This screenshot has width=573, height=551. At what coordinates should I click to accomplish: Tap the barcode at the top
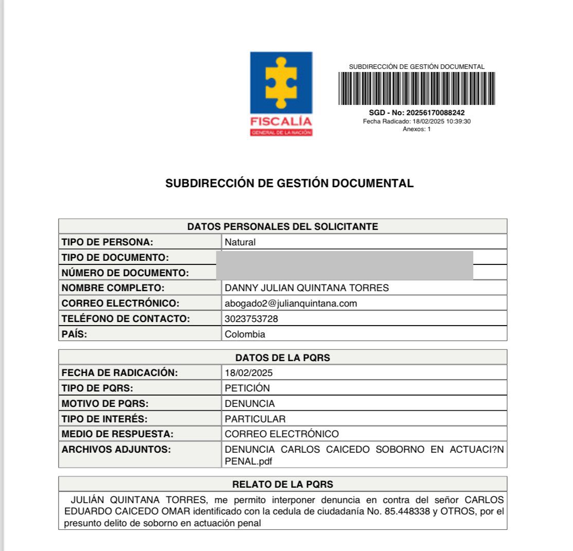(x=417, y=88)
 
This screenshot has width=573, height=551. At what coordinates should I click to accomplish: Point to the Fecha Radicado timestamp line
(x=417, y=121)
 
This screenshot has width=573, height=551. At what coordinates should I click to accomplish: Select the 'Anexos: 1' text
(x=417, y=129)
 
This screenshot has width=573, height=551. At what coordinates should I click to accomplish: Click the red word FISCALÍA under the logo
(x=281, y=122)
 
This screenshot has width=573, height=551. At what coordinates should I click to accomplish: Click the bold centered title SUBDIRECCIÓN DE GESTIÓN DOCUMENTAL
(x=289, y=184)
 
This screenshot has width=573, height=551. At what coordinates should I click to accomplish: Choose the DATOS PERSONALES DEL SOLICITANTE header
(x=282, y=226)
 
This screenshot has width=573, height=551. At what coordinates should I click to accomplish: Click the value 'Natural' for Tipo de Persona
(x=240, y=242)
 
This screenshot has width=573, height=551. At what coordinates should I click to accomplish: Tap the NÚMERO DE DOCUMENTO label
(x=125, y=273)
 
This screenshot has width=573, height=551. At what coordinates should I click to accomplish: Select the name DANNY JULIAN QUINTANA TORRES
(x=307, y=288)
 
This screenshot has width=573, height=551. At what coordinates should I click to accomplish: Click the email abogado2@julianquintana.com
(x=291, y=304)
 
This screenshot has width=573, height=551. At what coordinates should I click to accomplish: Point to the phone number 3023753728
(x=252, y=319)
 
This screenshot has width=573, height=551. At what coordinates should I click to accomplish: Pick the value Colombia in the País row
(x=245, y=334)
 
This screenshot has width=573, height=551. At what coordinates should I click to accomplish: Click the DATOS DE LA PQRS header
(x=282, y=358)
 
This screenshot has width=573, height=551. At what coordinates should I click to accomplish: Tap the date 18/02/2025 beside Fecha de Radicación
(x=248, y=373)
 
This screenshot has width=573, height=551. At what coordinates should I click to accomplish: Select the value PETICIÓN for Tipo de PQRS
(x=247, y=388)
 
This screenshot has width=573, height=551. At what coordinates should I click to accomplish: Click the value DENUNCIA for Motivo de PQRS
(x=250, y=404)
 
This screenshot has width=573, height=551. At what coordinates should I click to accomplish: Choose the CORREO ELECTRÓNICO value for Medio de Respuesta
(x=282, y=434)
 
